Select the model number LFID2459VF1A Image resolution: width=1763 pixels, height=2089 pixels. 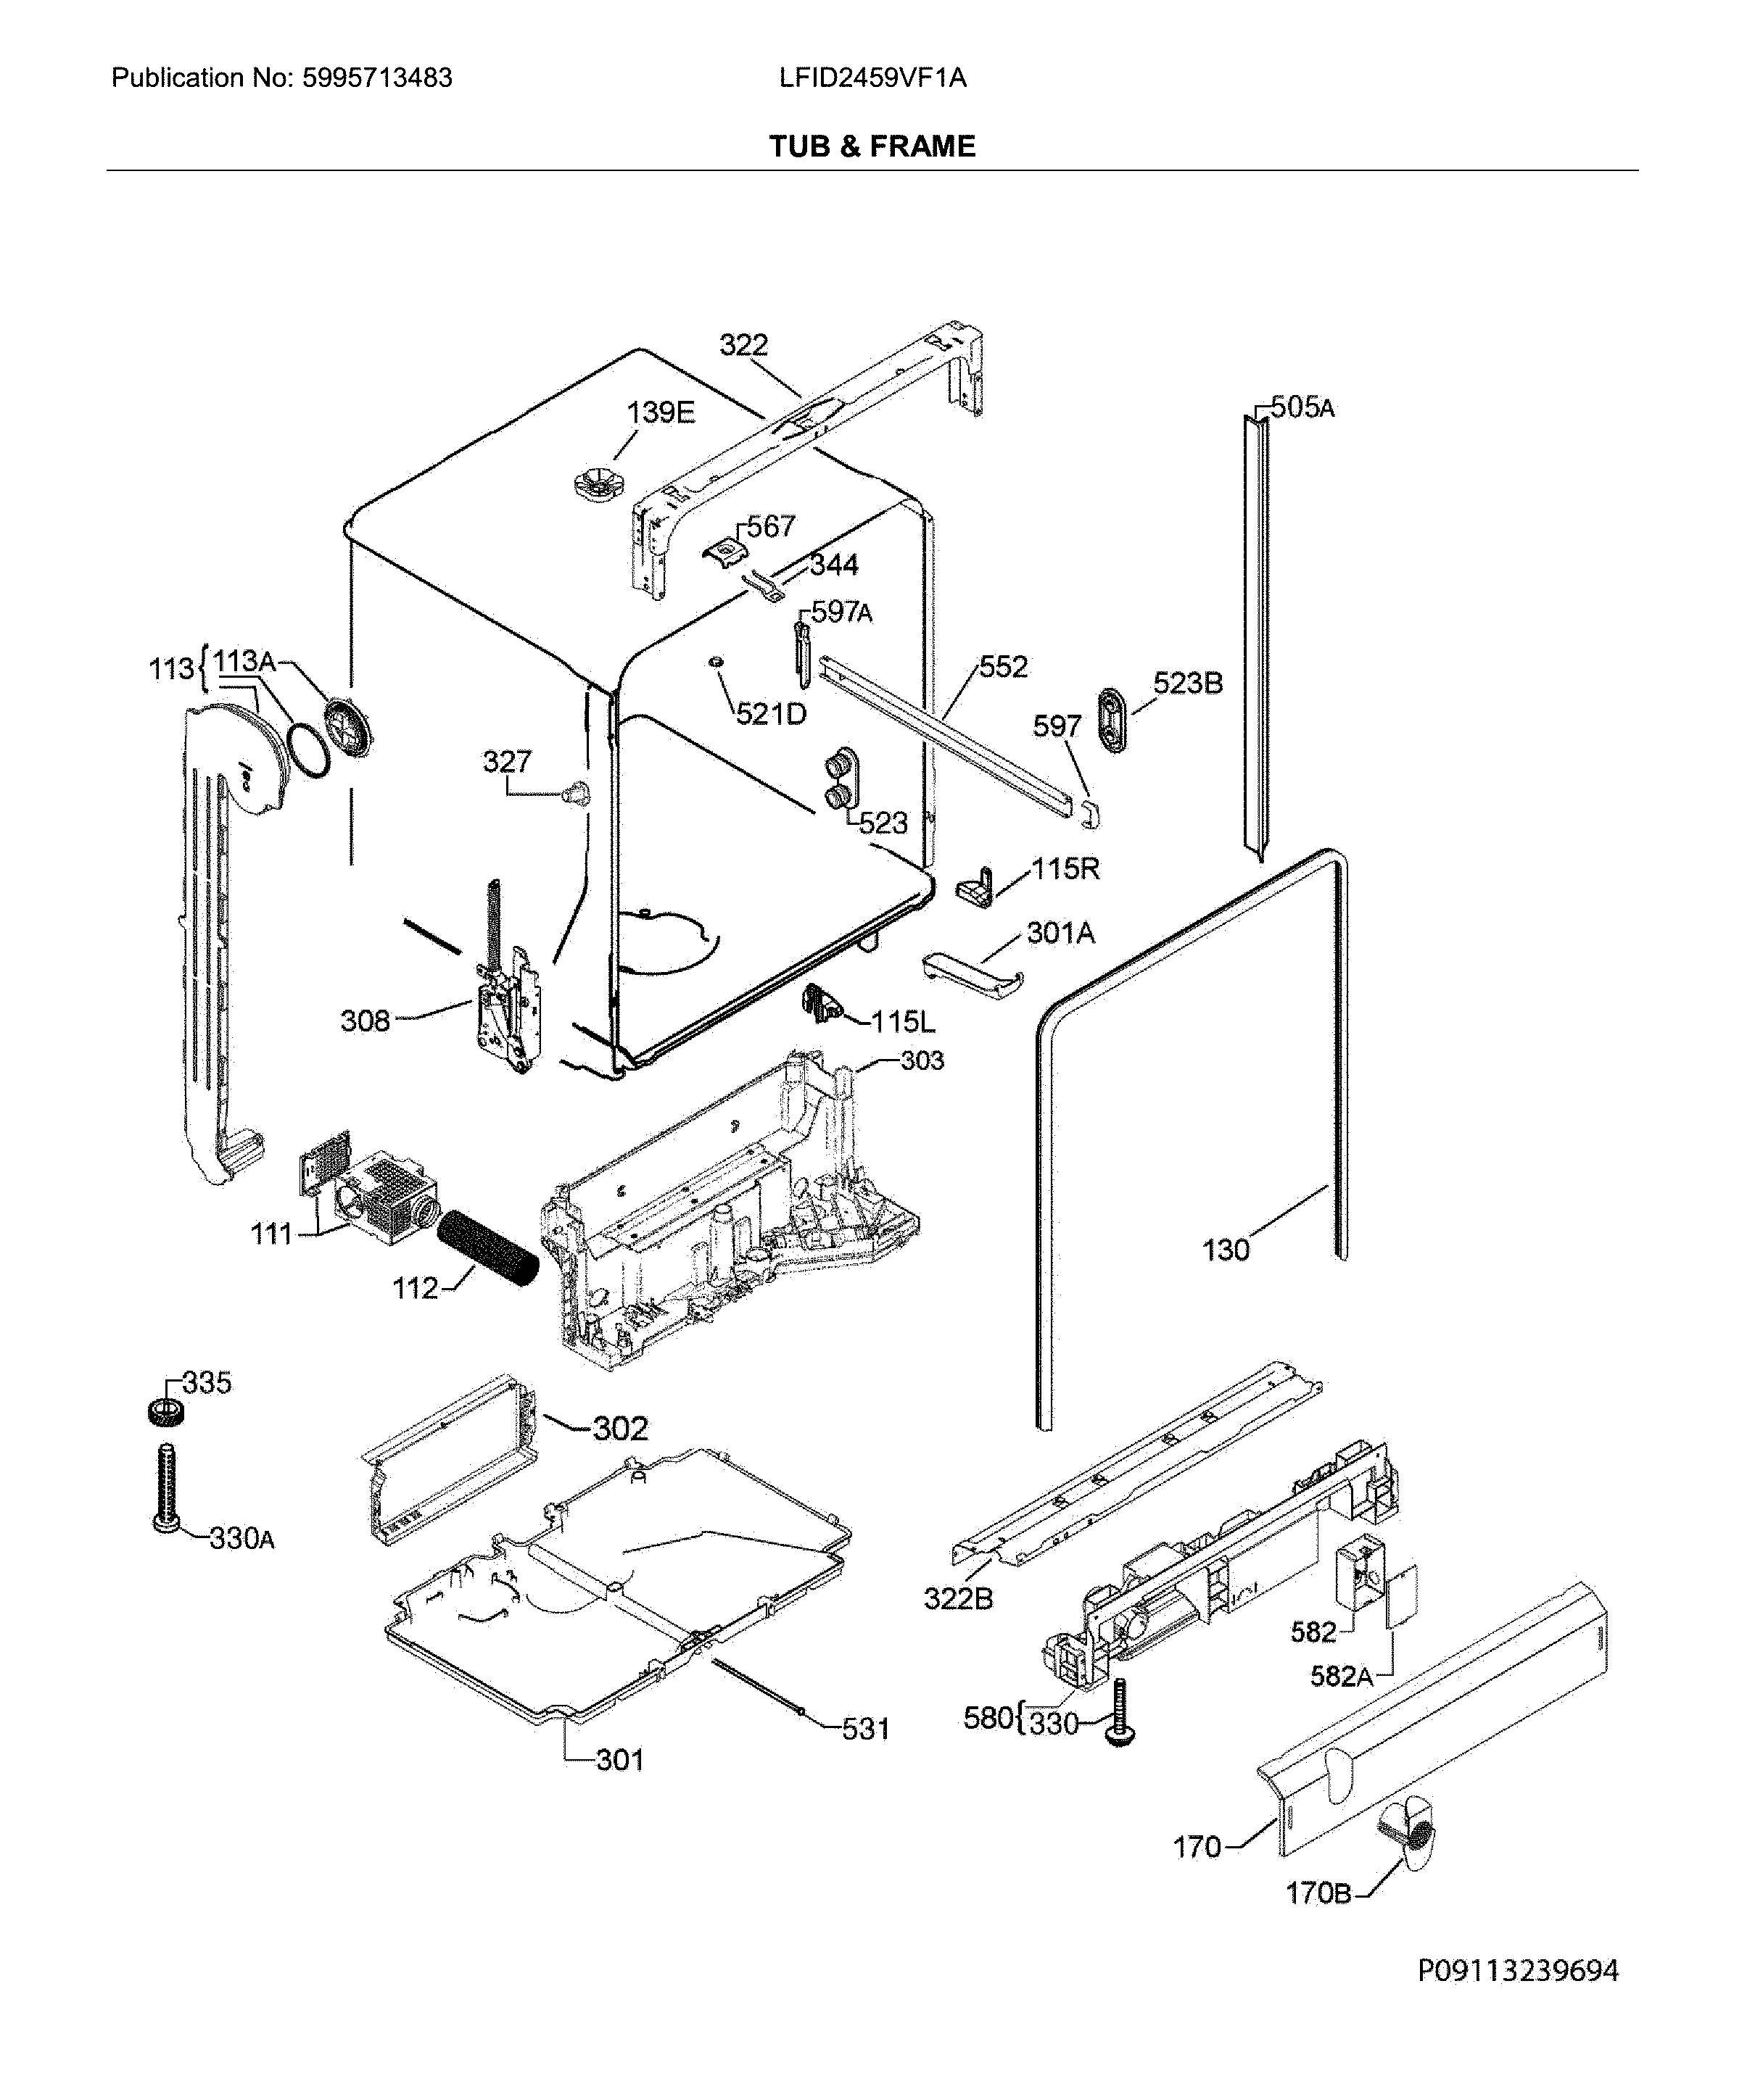coord(872,78)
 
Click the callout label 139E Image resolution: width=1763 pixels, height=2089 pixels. coord(660,412)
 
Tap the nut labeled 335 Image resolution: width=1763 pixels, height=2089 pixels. coord(165,1412)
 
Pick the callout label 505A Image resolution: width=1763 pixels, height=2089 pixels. coord(1301,407)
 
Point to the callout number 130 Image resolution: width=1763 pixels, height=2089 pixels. coord(1226,1250)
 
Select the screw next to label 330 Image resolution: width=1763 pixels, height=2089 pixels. coord(1119,1711)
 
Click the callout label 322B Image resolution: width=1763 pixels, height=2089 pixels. coord(957,1598)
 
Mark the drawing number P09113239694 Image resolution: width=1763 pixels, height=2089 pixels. coord(1517,1971)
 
